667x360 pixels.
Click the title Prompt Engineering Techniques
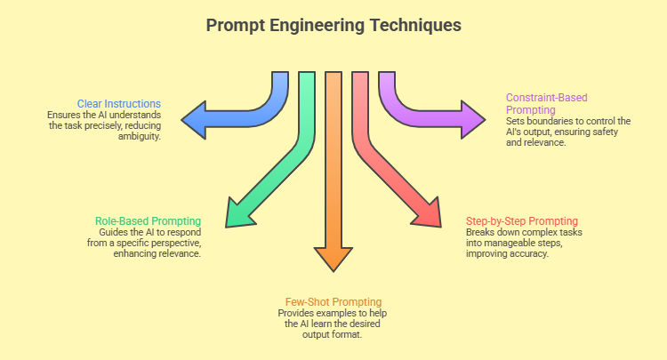[333, 25]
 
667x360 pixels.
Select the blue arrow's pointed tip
[183, 118]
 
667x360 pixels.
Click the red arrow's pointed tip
[438, 222]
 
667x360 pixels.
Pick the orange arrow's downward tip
[333, 268]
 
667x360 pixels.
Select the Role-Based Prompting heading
[149, 220]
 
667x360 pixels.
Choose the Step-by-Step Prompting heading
[522, 220]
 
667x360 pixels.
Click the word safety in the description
[615, 132]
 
